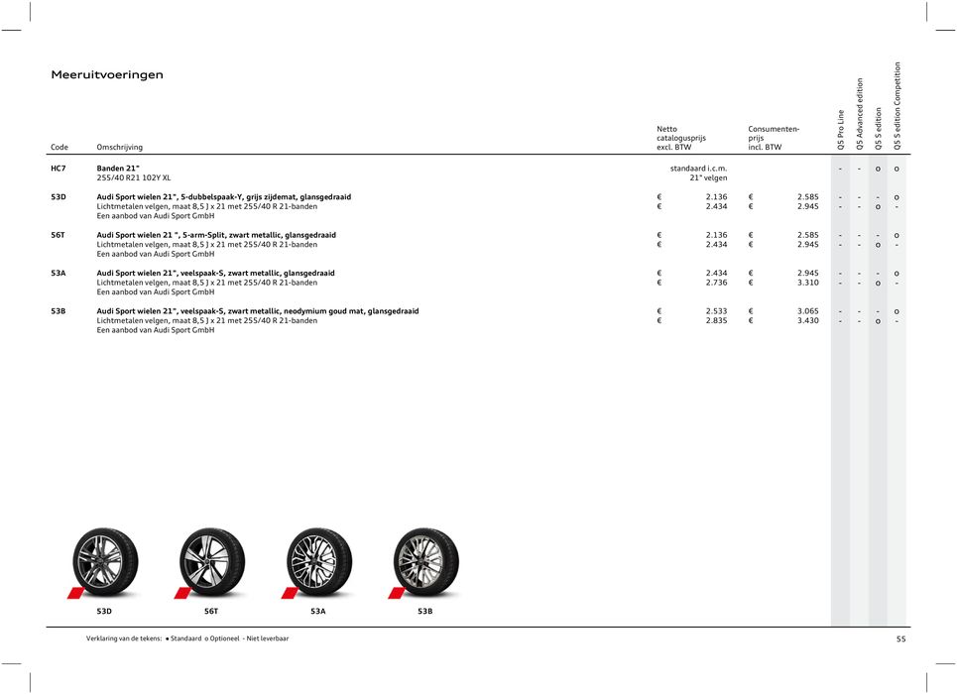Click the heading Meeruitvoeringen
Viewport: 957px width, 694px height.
[107, 75]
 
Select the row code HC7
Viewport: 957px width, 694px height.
[59, 169]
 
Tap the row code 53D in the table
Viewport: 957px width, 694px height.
[59, 197]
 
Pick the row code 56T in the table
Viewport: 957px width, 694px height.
[59, 235]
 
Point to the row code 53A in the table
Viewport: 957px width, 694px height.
[59, 273]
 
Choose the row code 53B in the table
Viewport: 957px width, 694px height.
[59, 311]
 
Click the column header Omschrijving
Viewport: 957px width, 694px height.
[119, 148]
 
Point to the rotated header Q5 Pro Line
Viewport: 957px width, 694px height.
[841, 130]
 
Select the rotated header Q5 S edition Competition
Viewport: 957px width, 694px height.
[897, 106]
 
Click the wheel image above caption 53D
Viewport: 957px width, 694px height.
[105, 561]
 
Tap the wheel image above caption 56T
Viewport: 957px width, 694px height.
[212, 561]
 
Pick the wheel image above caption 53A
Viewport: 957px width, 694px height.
[318, 561]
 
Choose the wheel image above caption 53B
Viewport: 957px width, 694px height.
[425, 561]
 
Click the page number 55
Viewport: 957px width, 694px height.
[900, 639]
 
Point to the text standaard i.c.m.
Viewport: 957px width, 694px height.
[699, 169]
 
